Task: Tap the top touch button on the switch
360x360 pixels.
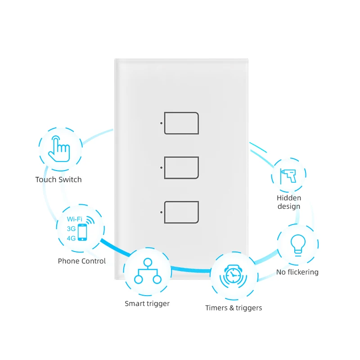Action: pos(181,123)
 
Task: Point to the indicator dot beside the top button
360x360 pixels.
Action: pos(161,123)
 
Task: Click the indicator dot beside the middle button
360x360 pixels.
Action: pos(161,167)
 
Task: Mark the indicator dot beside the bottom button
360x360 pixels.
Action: pos(161,212)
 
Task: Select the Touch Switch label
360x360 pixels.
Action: pos(58,180)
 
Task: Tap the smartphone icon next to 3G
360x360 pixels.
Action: pos(82,232)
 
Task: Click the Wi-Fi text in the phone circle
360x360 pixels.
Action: pos(74,219)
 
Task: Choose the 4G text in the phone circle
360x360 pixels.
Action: pos(71,238)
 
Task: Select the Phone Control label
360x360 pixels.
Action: pos(82,261)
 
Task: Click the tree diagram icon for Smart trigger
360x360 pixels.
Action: pos(147,271)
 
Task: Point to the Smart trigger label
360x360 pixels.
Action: pos(147,304)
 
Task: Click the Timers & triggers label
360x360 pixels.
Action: pos(234,308)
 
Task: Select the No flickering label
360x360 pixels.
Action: pos(297,272)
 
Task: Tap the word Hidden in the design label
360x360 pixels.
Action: pos(289,198)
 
